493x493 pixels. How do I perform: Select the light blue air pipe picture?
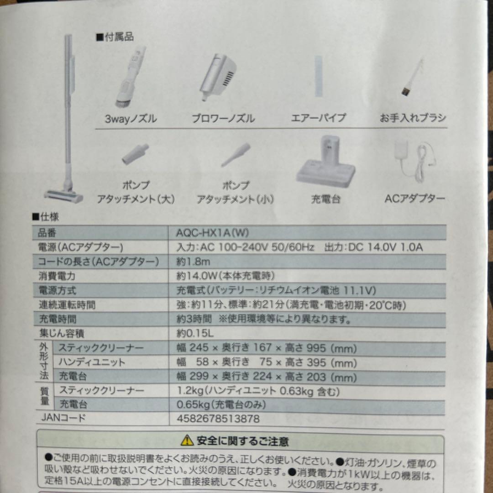coord(318,75)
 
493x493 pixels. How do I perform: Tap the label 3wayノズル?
coord(131,119)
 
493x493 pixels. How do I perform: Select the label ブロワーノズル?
coord(223,119)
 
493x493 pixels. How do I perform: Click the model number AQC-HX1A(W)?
coord(212,232)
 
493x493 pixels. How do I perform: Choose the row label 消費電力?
coord(57,276)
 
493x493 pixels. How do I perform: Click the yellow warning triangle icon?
coord(187,441)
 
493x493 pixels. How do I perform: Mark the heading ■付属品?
coord(115,37)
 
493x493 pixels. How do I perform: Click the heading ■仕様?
coord(45,217)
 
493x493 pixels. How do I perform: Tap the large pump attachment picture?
coord(135,154)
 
